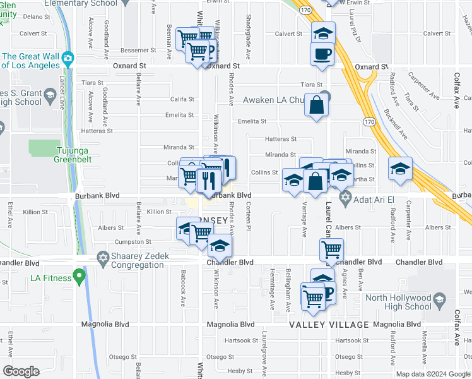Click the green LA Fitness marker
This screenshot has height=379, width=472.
pos(79,275)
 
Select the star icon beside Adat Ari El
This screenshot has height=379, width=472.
pos(345,200)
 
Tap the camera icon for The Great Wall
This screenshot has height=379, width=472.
pos(67,59)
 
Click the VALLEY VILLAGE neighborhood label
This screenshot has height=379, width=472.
pos(329,324)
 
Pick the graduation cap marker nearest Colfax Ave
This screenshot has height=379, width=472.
pos(400,169)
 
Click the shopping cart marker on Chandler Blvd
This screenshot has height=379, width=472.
pos(331,250)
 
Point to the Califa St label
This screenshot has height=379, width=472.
pos(182,99)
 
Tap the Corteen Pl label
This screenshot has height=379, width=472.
pos(249,222)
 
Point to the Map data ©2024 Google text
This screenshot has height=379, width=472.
pos(432,374)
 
